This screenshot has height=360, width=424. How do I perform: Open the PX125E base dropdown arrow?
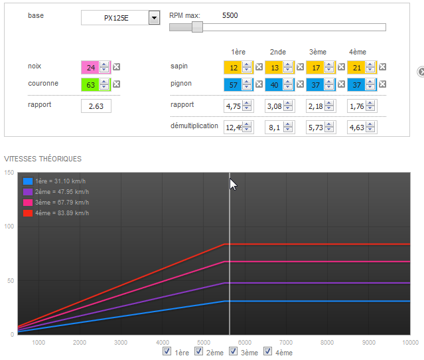click(154, 18)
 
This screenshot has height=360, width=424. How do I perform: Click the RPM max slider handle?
click(197, 27)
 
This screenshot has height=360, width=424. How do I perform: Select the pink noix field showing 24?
click(91, 67)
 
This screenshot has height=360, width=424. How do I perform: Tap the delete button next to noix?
click(117, 67)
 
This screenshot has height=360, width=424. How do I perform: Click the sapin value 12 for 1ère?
click(234, 67)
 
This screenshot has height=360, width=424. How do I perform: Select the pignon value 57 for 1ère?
click(234, 85)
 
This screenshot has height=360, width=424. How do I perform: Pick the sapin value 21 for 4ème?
click(357, 67)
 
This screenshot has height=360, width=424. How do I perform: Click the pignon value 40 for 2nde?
click(275, 85)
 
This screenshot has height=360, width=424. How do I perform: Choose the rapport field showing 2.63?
click(96, 106)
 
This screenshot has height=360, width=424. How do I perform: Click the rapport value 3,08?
click(275, 106)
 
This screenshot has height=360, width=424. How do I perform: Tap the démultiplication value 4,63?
click(357, 128)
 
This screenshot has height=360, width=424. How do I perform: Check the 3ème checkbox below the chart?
click(233, 351)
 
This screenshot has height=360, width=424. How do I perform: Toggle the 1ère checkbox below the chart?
click(167, 351)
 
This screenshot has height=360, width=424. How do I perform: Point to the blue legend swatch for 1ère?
click(28, 181)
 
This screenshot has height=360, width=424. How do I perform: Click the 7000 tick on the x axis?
click(286, 343)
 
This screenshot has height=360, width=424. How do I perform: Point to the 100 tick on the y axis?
click(9, 226)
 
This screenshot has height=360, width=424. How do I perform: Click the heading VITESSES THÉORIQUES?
click(42, 159)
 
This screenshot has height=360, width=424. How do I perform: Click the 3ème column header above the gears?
click(318, 52)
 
